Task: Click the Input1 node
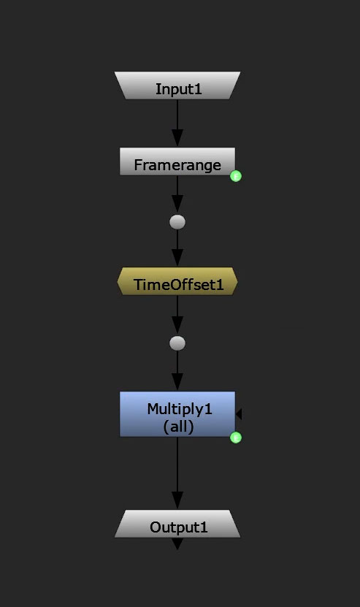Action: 177,85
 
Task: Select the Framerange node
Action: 177,161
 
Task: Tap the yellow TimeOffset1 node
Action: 177,281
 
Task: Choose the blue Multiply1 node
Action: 177,414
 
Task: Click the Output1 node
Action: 177,524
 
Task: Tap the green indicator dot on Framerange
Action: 236,176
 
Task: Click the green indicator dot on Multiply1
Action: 236,438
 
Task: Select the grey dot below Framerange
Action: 177,222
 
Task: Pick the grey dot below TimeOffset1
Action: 177,343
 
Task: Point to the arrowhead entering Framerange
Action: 177,139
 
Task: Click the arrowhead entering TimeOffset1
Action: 177,259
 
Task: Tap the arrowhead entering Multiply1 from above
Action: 177,383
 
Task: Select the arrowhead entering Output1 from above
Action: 177,501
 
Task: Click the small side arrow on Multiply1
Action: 239,414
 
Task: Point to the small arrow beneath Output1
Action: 177,543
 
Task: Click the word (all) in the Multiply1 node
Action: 178,427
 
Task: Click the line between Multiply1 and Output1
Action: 177,473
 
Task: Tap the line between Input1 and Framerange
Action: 177,123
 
